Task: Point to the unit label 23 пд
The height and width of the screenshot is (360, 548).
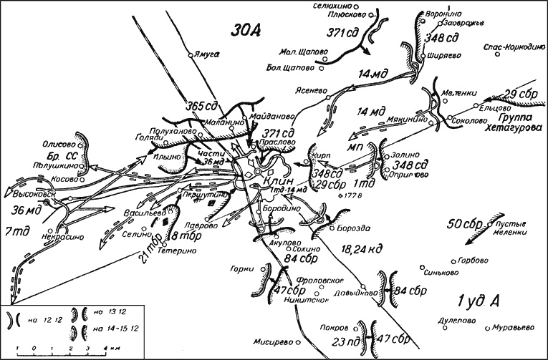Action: click(x=345, y=341)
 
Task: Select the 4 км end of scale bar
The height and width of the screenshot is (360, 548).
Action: click(x=105, y=349)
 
